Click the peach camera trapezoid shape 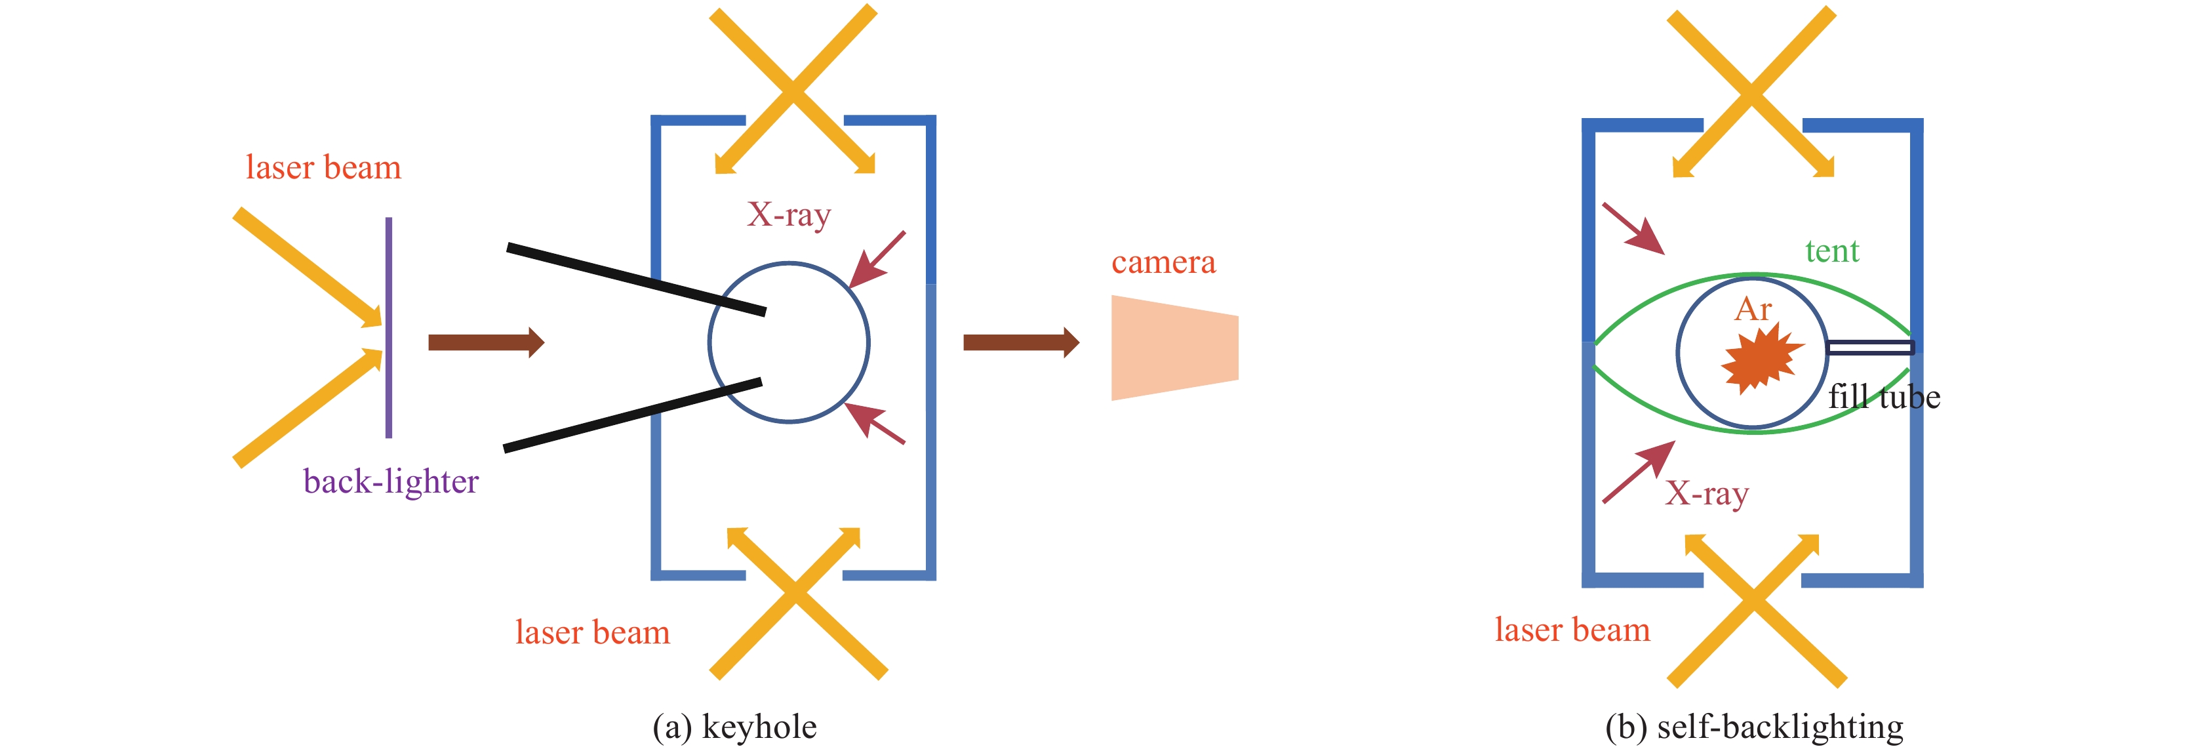point(1174,348)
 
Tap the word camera point(1163,262)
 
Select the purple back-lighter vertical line point(388,327)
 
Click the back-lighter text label point(391,482)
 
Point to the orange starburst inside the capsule point(1761,357)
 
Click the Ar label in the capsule point(1753,309)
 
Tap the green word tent point(1831,251)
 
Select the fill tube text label point(1884,397)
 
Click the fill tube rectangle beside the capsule point(1870,347)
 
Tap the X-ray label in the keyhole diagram point(788,214)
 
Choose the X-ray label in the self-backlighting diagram point(1706,493)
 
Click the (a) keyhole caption point(734,727)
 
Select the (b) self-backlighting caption point(1753,727)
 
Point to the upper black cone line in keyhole point(635,279)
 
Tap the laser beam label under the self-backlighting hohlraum point(1572,630)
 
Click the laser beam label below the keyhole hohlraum point(592,633)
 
